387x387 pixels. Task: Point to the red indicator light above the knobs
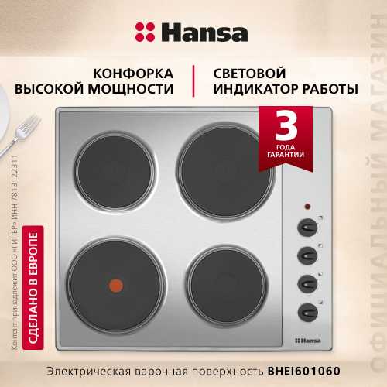[307, 207]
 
